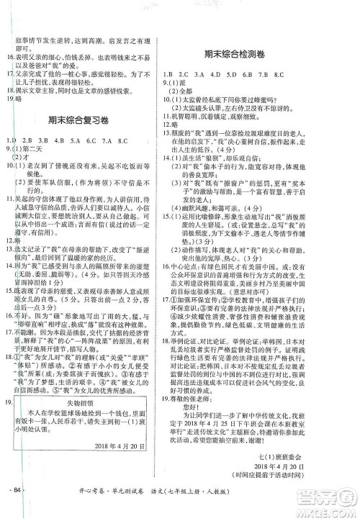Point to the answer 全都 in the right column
click(193, 91)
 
